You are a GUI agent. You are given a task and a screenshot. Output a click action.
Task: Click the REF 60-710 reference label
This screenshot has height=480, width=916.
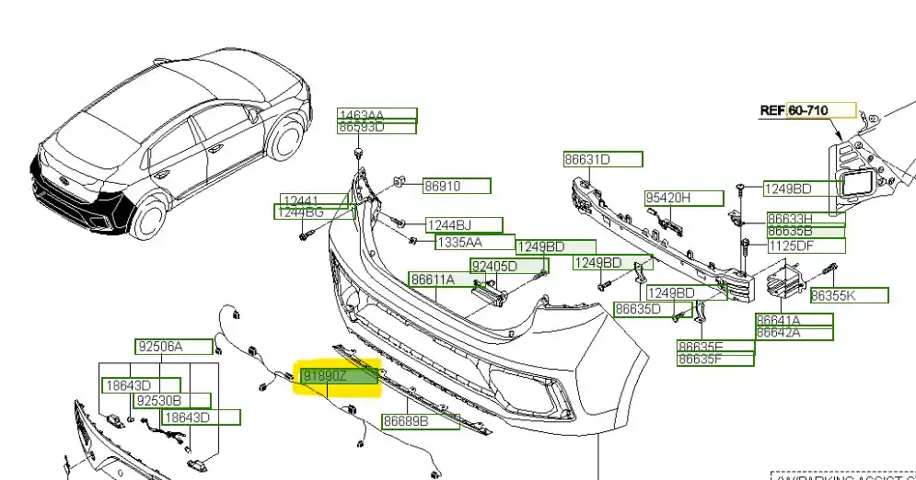[x=807, y=110]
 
